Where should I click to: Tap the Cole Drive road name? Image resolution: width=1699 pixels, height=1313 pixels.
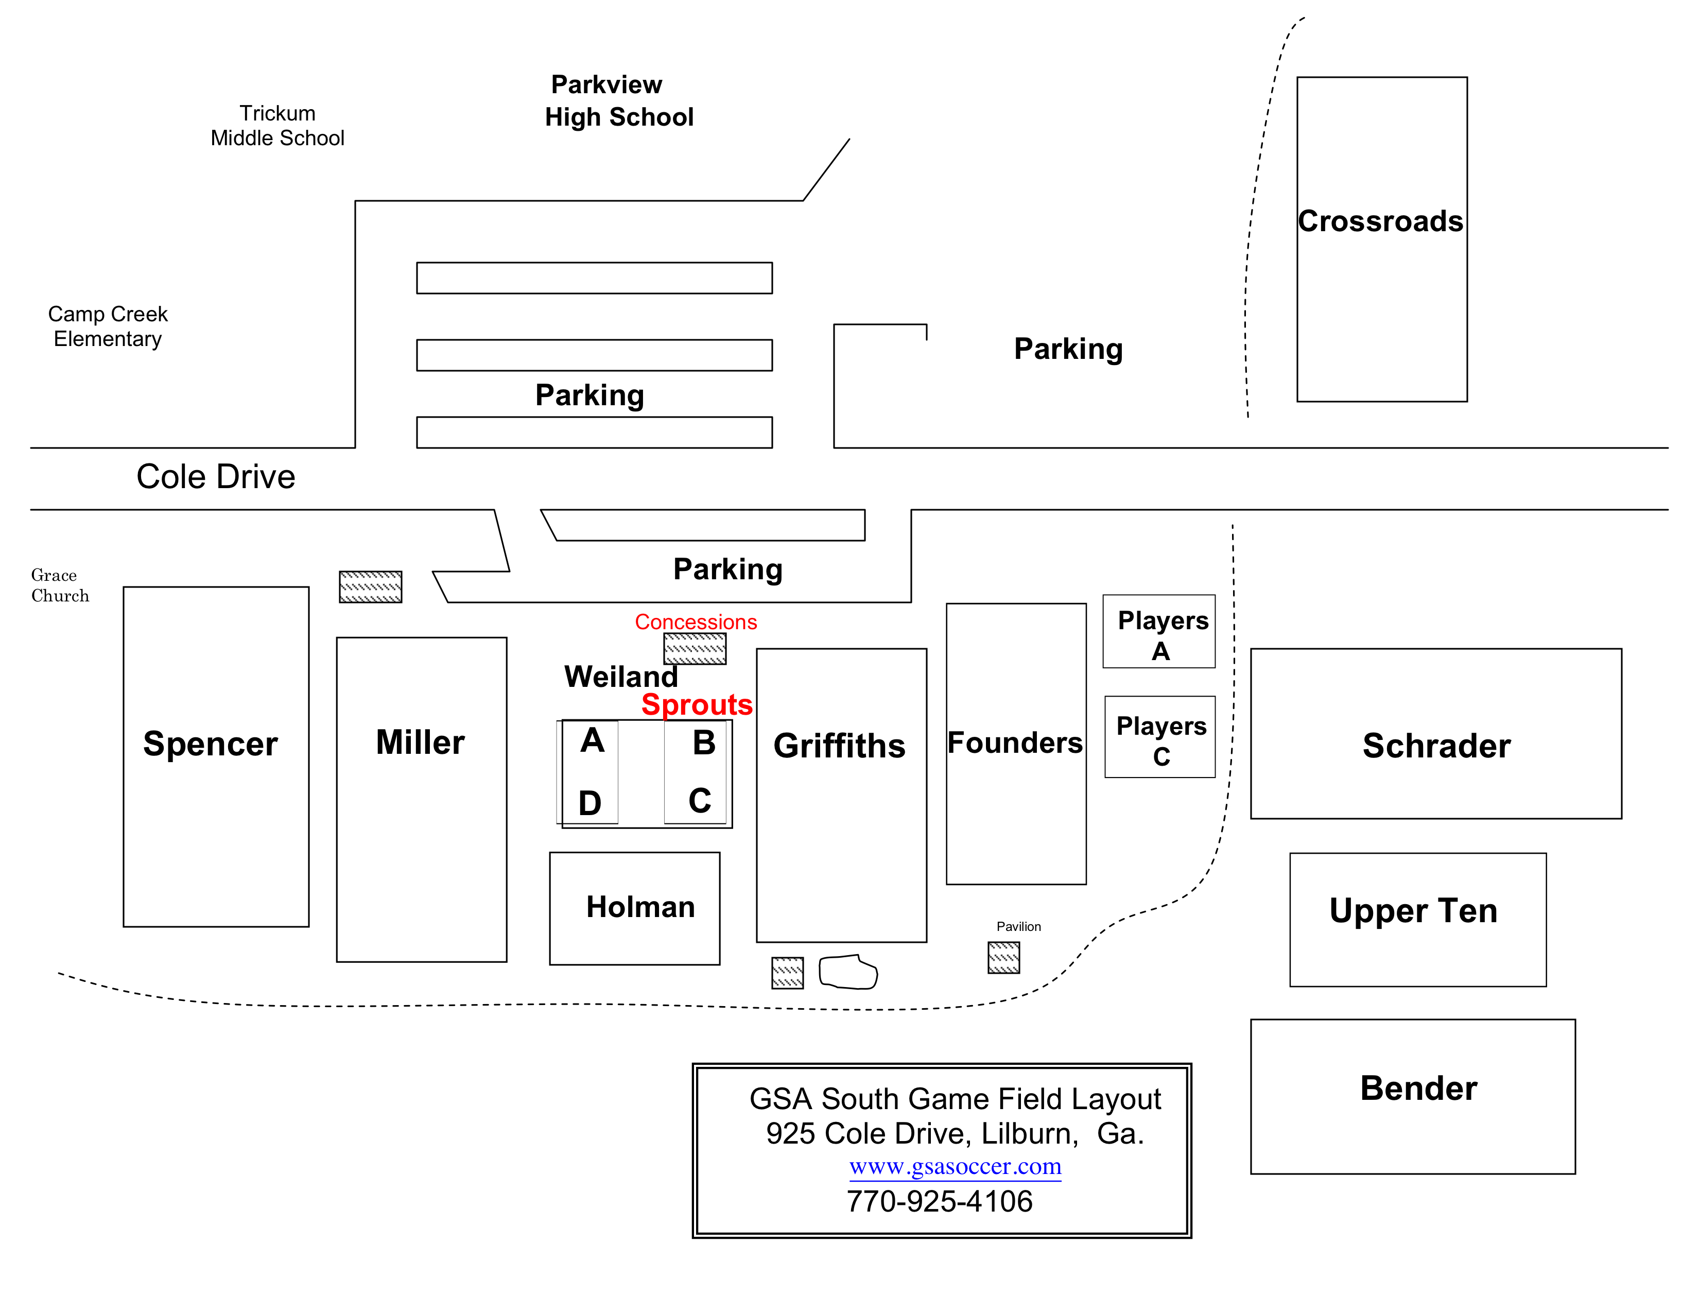pos(216,476)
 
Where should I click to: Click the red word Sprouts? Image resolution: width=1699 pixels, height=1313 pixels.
pos(697,705)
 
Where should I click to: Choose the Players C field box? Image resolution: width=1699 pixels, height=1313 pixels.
pos(1160,737)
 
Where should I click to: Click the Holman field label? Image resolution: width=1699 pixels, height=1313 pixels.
pos(640,907)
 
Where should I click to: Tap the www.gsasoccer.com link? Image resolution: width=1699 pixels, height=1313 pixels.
pos(955,1167)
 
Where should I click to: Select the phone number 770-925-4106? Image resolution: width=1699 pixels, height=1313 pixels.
pos(939,1202)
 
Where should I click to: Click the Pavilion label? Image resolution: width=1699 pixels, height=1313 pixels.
pos(1018,926)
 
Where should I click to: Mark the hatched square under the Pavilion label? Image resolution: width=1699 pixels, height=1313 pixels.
pos(1003,958)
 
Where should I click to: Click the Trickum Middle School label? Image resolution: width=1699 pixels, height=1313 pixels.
pos(277,125)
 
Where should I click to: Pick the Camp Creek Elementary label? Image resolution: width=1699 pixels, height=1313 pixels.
pos(108,326)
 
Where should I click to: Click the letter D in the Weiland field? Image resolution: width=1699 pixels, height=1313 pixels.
pos(590,803)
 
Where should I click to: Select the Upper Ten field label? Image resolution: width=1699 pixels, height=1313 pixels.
pos(1413,910)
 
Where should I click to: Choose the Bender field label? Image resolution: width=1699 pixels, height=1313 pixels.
pos(1418,1087)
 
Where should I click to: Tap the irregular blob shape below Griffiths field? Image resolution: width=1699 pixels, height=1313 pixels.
pos(848,972)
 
